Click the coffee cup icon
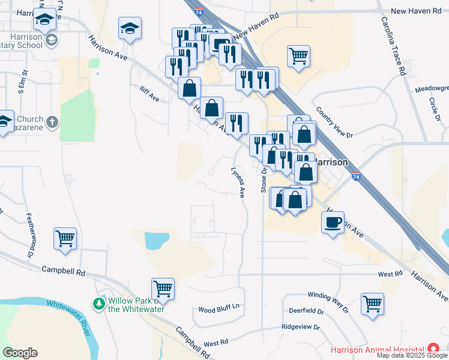(333, 223)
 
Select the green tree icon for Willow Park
(98, 304)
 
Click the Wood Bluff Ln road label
(219, 309)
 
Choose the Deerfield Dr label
(306, 312)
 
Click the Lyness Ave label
(239, 182)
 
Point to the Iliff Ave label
(147, 97)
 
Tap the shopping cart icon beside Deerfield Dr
(372, 304)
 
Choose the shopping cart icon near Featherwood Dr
(65, 238)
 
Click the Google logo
(20, 353)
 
